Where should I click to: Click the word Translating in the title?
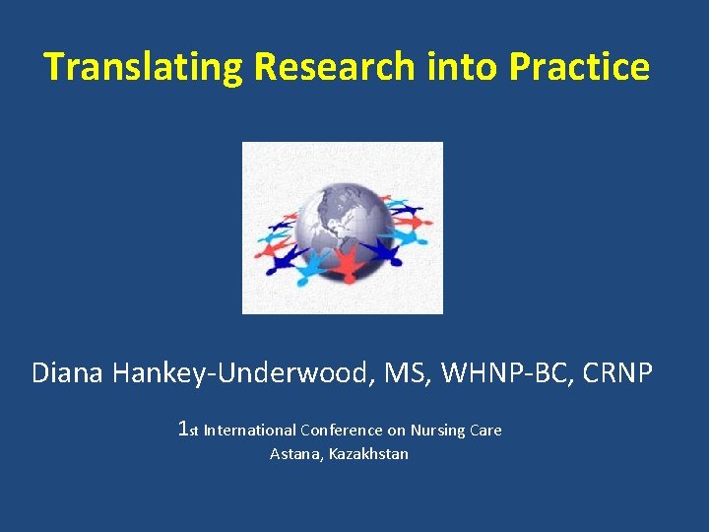[x=144, y=67]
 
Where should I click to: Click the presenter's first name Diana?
[x=69, y=373]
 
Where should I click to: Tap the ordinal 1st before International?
[x=188, y=430]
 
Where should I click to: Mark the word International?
[x=249, y=430]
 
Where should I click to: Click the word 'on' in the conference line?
[x=391, y=430]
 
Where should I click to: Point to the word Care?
[x=485, y=430]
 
